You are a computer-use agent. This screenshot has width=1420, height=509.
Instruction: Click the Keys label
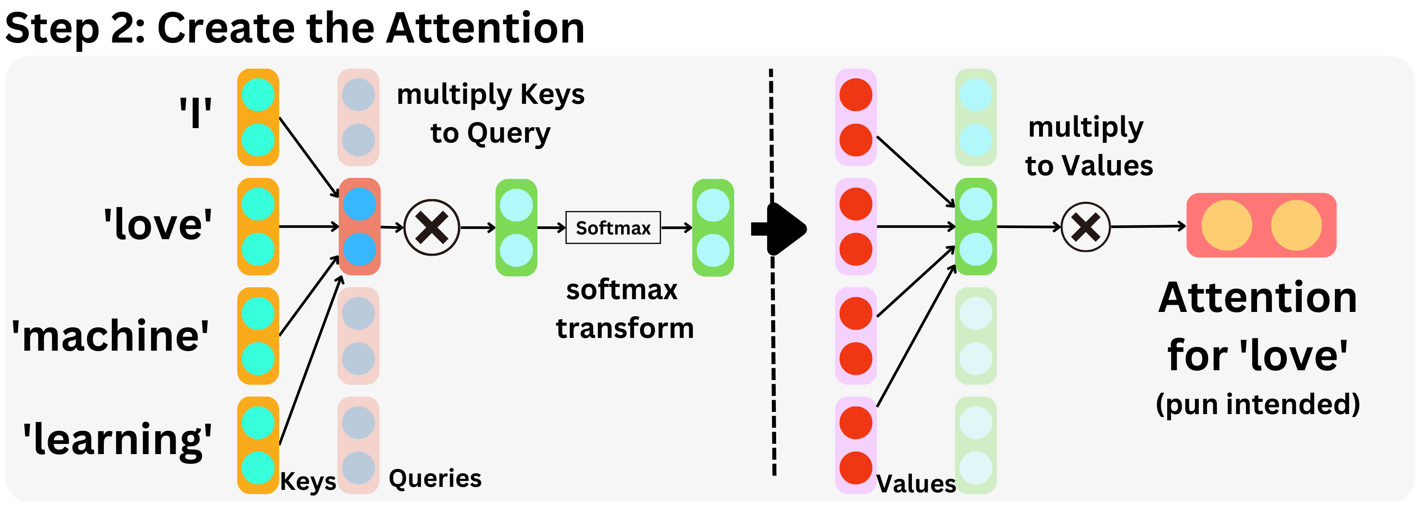(x=308, y=481)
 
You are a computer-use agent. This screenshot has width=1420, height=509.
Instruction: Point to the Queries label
(x=435, y=478)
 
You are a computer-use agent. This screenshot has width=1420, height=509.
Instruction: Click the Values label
(x=916, y=483)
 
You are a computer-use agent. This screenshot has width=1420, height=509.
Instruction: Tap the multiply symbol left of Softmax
(x=431, y=227)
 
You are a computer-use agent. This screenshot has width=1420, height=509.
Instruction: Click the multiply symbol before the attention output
(x=1086, y=227)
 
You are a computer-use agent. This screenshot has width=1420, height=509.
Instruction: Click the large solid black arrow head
(x=786, y=228)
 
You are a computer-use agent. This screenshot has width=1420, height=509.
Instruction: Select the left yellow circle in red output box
(x=1226, y=225)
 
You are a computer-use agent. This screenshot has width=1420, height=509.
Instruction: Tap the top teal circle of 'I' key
(x=258, y=94)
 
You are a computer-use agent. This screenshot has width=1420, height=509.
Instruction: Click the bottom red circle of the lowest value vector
(x=855, y=468)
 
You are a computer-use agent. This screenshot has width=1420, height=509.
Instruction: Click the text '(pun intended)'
(x=1257, y=404)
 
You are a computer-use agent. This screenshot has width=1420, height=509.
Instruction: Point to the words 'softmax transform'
(x=623, y=309)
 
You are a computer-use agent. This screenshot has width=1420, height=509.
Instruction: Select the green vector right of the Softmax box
(x=713, y=227)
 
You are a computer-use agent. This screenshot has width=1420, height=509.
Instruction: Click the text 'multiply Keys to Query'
(x=490, y=114)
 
